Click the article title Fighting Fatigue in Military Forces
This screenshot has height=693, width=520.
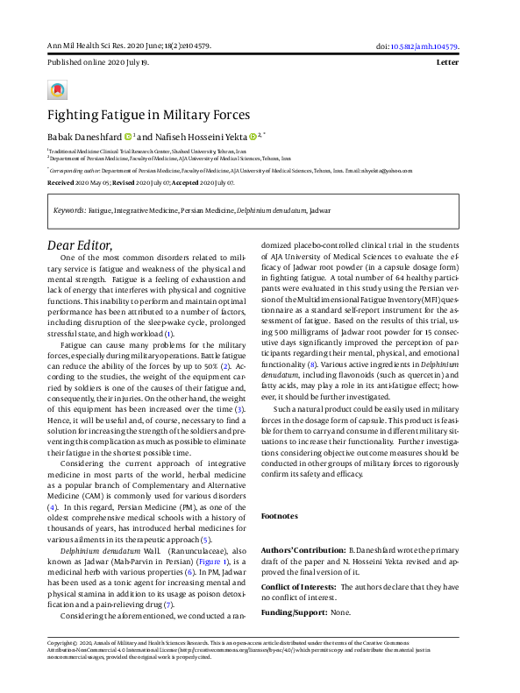tap(148, 115)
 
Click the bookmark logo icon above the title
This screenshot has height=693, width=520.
tap(57, 89)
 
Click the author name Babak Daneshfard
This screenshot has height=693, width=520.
tap(84, 137)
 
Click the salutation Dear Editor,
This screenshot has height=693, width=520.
tap(80, 244)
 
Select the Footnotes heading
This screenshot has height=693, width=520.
tap(281, 516)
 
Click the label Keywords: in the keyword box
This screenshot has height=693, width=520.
tap(70, 211)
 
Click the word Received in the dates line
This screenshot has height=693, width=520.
tap(61, 184)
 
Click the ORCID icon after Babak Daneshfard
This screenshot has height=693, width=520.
tap(128, 137)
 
